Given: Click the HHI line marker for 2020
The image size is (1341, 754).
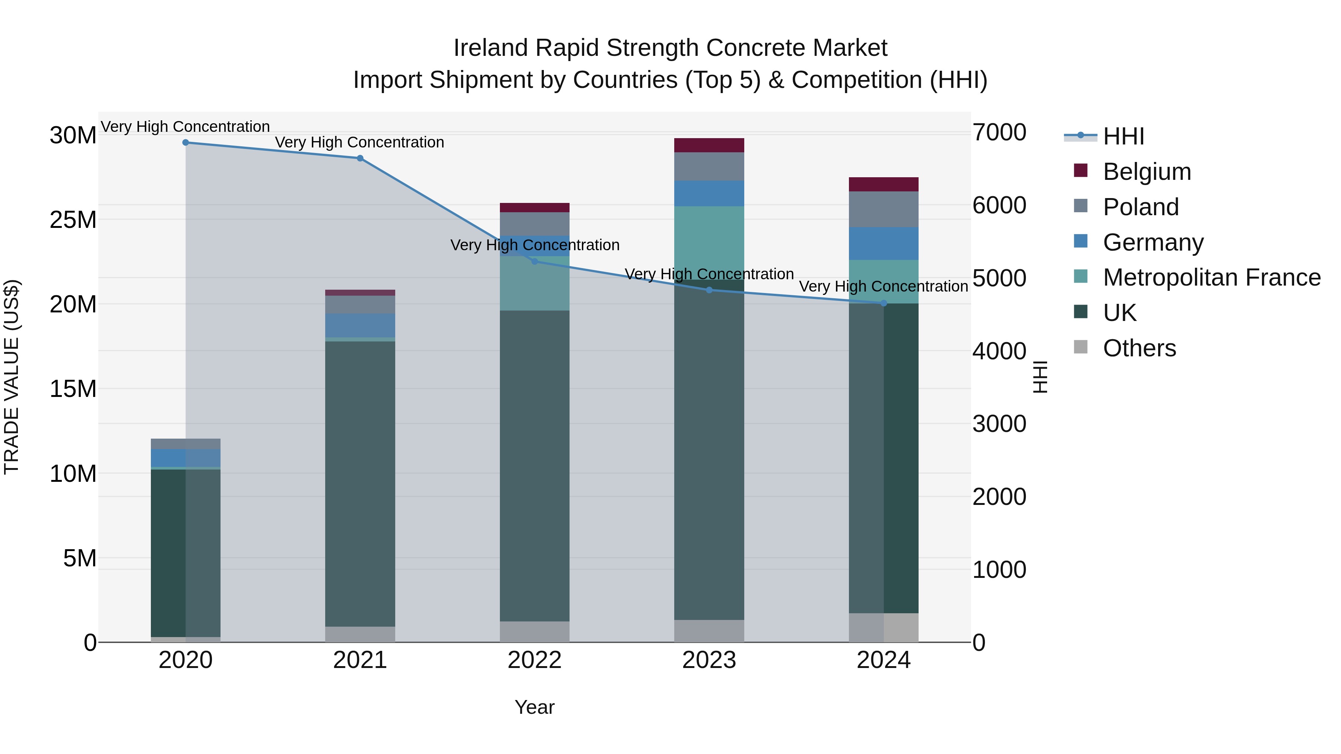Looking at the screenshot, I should tap(186, 143).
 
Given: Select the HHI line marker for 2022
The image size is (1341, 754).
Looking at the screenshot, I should tap(534, 261).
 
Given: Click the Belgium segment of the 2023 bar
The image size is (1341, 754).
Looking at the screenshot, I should tap(709, 145).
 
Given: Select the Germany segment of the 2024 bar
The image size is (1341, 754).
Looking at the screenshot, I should tap(884, 244).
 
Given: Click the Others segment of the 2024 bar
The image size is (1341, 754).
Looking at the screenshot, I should tap(884, 627).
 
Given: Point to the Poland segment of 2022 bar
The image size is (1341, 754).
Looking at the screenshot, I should tap(534, 224).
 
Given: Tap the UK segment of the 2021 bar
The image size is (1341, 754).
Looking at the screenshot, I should tap(360, 484).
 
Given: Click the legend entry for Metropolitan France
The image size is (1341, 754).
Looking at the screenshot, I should tap(1211, 277).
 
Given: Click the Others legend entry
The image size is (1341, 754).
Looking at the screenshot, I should tap(1139, 348).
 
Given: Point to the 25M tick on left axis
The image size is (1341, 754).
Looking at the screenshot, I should tap(73, 220).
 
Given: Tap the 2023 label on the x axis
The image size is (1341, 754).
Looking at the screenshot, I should tap(709, 660).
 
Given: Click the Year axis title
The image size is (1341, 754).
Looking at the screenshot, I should tap(534, 707).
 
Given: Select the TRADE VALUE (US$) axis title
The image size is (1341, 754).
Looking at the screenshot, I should tap(12, 377).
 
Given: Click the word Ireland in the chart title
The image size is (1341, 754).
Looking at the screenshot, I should tap(490, 48).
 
